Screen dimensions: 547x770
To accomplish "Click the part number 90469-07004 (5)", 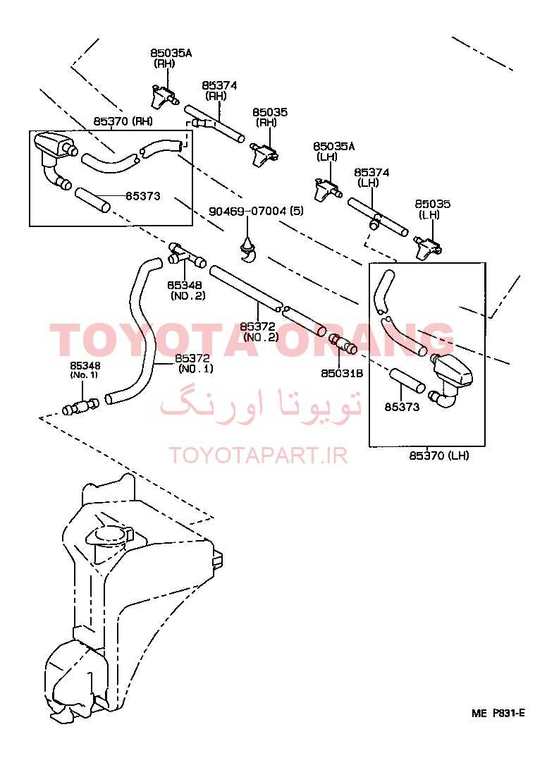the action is pyautogui.click(x=256, y=211).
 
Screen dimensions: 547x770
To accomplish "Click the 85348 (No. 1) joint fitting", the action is pyautogui.click(x=80, y=406).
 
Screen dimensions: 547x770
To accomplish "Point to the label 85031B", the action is pyautogui.click(x=342, y=374).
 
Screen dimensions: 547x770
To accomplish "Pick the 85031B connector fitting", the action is pyautogui.click(x=343, y=344).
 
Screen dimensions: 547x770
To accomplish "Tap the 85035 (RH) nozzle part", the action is pyautogui.click(x=264, y=153).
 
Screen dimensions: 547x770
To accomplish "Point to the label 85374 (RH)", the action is pyautogui.click(x=219, y=91).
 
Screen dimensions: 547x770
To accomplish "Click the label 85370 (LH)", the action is pyautogui.click(x=439, y=456).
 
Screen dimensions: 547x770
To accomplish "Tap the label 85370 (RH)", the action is pyautogui.click(x=123, y=121).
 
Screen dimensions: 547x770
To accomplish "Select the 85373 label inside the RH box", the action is pyautogui.click(x=143, y=196).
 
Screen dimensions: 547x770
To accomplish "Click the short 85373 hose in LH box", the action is pyautogui.click(x=407, y=381).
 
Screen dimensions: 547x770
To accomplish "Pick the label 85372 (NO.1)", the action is pyautogui.click(x=195, y=363).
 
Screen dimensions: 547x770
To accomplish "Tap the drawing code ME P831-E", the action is pyautogui.click(x=498, y=714).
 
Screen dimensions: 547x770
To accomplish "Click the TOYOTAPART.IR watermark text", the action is pyautogui.click(x=258, y=456).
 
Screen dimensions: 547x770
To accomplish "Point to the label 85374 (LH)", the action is pyautogui.click(x=371, y=177).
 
